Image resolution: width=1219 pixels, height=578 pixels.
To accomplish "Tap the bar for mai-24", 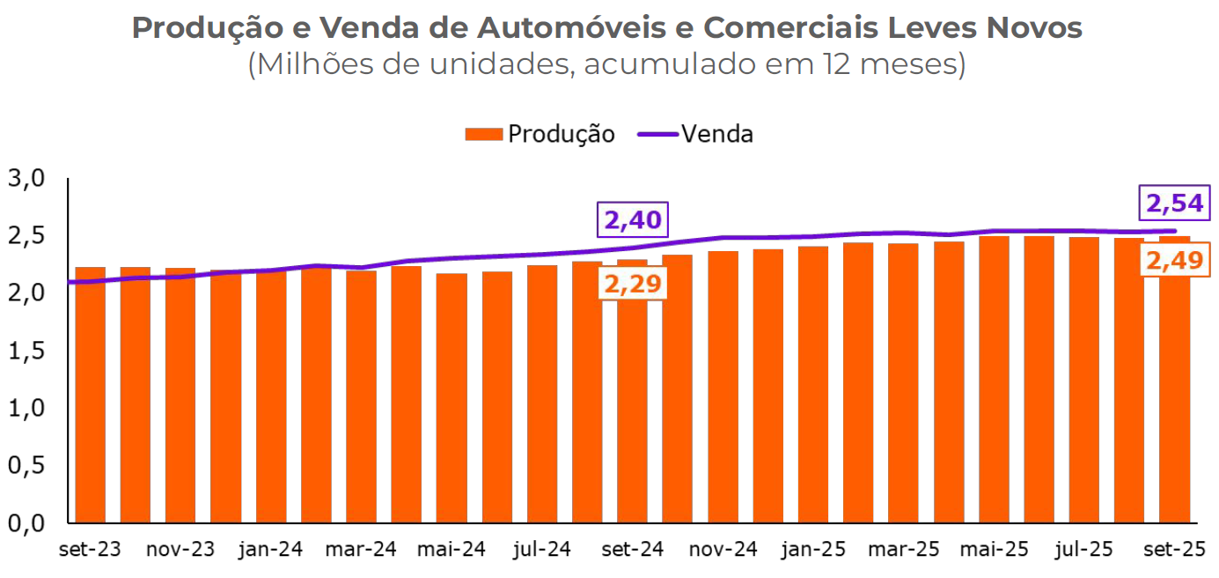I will coord(452,397).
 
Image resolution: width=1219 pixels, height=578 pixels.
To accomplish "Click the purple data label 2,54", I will coord(1173,204).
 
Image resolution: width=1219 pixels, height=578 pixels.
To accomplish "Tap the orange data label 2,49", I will coord(1174,261).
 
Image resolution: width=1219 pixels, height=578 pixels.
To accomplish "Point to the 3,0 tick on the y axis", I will coord(26,179).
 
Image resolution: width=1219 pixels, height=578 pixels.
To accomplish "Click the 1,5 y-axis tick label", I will coord(26,351).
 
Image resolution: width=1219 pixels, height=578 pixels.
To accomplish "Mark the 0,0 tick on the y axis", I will coord(26,523).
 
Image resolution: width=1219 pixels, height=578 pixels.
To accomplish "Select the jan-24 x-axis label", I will coord(270,550).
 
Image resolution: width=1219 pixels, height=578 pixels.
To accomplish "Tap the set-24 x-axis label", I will coord(632,550).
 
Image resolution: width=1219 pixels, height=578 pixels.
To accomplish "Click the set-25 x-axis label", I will coord(1173,550).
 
